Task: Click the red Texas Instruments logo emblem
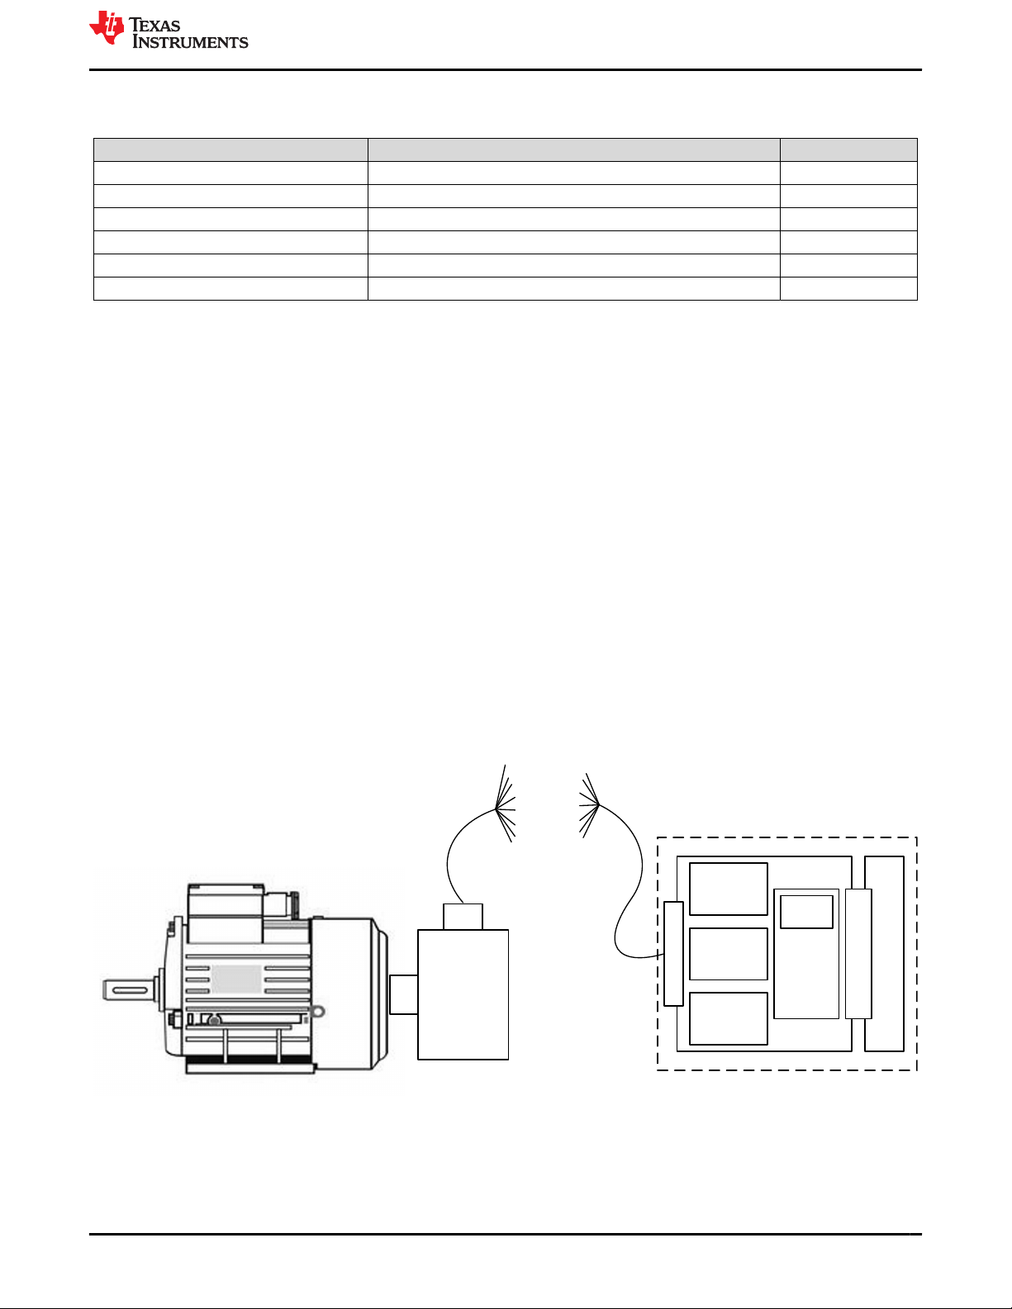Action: (107, 28)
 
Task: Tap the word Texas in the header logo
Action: (154, 26)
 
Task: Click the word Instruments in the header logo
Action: (190, 41)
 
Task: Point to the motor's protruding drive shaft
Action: (129, 990)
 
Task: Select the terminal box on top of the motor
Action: (226, 913)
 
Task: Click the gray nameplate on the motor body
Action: (236, 979)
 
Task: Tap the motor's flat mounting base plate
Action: (250, 1068)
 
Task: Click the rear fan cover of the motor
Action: (349, 994)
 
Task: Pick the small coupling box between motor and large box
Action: (404, 994)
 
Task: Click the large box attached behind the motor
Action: (463, 994)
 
